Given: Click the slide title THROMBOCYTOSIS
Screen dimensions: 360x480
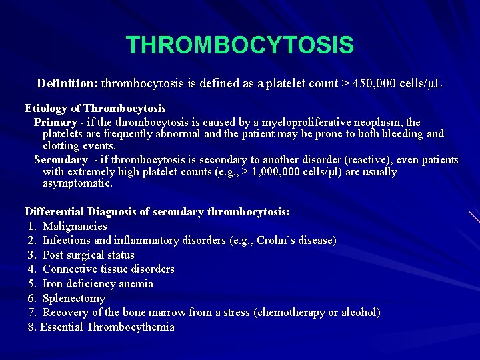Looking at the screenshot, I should (x=239, y=45).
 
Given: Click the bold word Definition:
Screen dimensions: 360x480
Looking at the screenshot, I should (x=67, y=84).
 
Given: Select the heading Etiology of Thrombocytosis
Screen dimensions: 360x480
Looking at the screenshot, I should (x=95, y=108).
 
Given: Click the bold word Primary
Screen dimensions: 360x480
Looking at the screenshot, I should (x=55, y=123).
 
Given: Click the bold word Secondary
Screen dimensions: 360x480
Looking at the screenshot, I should (x=61, y=160).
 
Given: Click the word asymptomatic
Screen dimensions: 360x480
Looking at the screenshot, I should (x=77, y=183).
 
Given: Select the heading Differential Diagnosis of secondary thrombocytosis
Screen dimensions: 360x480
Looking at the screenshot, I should (x=157, y=212).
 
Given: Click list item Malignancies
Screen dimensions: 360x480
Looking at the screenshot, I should (x=75, y=227).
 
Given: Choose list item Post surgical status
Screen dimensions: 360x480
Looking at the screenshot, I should (x=88, y=255).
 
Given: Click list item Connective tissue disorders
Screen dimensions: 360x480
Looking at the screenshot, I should (x=108, y=269).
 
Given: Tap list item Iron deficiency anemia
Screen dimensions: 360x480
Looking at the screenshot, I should (x=97, y=284).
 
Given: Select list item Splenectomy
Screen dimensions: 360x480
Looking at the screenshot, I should (x=73, y=299).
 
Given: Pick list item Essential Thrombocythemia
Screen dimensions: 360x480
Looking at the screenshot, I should (x=107, y=327).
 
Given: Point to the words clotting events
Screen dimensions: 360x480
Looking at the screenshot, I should (x=79, y=146).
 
